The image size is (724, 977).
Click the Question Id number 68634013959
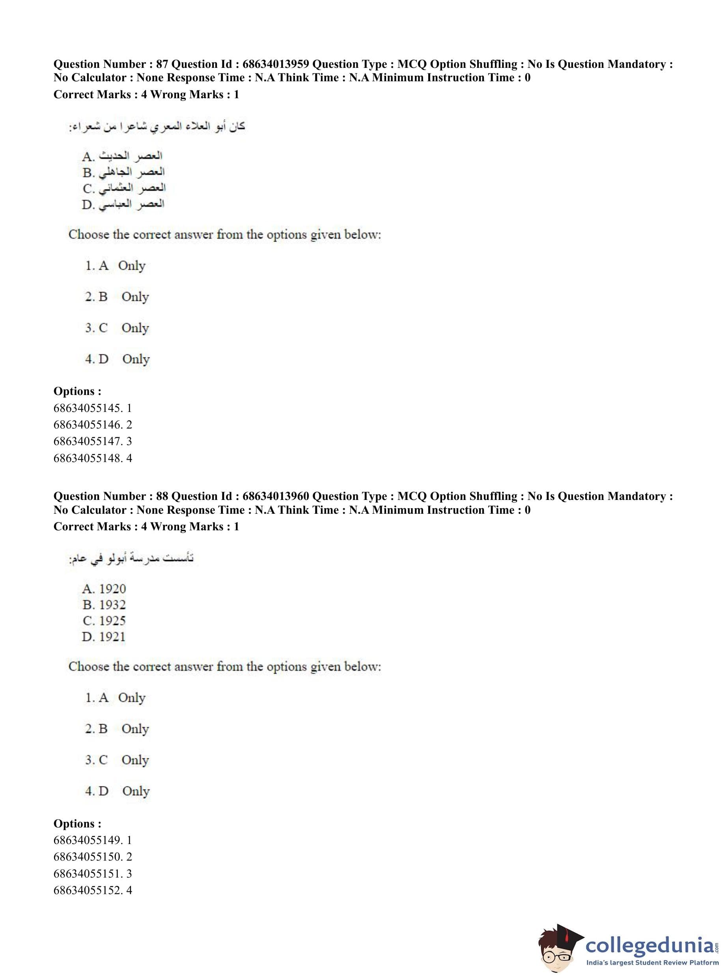pyautogui.click(x=276, y=64)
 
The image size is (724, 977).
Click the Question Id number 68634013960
pyautogui.click(x=276, y=496)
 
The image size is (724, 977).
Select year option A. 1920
pyautogui.click(x=104, y=588)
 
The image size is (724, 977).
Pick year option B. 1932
pyautogui.click(x=104, y=605)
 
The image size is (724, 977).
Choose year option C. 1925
pyautogui.click(x=104, y=621)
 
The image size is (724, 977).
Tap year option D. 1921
pyautogui.click(x=103, y=637)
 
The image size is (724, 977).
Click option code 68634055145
pyautogui.click(x=88, y=408)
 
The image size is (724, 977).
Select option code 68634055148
pyautogui.click(x=88, y=458)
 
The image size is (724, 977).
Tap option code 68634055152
pyautogui.click(x=88, y=890)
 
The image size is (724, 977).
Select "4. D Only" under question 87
pyautogui.click(x=117, y=359)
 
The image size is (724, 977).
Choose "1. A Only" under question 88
pyautogui.click(x=115, y=697)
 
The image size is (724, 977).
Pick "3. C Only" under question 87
pyautogui.click(x=117, y=328)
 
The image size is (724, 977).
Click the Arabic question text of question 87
pyautogui.click(x=157, y=127)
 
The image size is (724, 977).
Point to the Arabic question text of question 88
pyautogui.click(x=131, y=559)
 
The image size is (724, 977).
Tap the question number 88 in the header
pyautogui.click(x=162, y=496)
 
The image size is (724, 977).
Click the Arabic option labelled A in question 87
pyautogui.click(x=122, y=156)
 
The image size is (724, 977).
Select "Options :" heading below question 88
pyautogui.click(x=77, y=823)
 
